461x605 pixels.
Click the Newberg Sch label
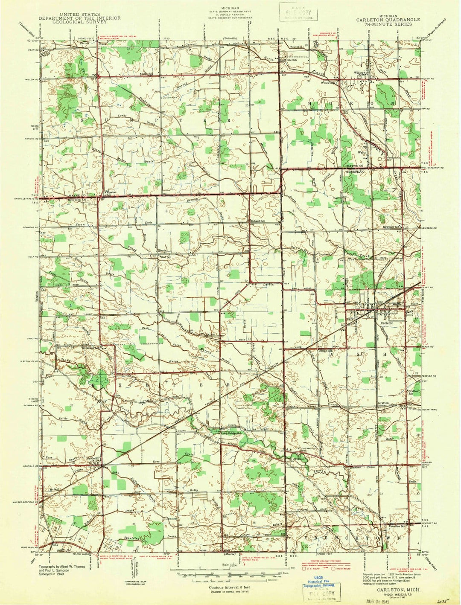[x=392, y=227]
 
